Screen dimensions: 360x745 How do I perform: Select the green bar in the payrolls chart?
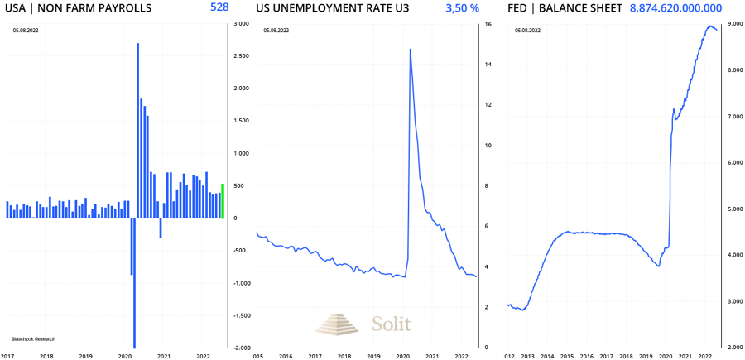[223, 201]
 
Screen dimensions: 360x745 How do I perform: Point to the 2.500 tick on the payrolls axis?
[241, 56]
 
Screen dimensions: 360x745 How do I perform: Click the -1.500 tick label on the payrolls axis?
[241, 316]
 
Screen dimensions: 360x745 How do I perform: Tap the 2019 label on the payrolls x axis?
[85, 356]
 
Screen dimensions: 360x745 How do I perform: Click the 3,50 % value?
[462, 8]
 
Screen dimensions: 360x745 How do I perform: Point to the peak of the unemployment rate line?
[411, 50]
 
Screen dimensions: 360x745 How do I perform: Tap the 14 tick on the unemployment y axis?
[488, 65]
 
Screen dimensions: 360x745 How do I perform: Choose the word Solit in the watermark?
[391, 324]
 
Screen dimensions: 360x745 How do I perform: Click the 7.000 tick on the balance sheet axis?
[733, 117]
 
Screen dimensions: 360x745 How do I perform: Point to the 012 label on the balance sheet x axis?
[512, 356]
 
